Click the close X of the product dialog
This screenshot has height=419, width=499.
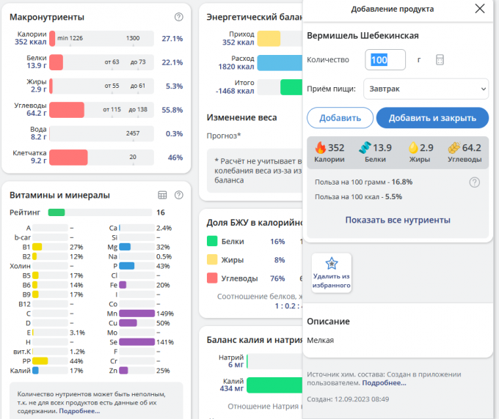pyautogui.click(x=480, y=9)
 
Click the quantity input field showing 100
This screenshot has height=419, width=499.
pyautogui.click(x=385, y=60)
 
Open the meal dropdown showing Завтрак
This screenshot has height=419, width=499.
pyautogui.click(x=426, y=89)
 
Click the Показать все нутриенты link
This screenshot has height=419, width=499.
pyautogui.click(x=398, y=220)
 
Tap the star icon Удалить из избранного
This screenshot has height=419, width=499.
pyautogui.click(x=332, y=264)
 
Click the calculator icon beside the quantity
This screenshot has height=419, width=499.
pyautogui.click(x=440, y=60)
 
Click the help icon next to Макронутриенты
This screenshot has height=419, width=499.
pyautogui.click(x=179, y=17)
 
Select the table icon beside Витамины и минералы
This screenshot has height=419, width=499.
pyautogui.click(x=163, y=195)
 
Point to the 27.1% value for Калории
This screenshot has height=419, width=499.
pyautogui.click(x=172, y=38)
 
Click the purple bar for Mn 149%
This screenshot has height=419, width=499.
pyautogui.click(x=136, y=314)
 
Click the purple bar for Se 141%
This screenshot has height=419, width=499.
pyautogui.click(x=136, y=342)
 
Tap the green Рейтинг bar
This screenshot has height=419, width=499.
pyautogui.click(x=57, y=212)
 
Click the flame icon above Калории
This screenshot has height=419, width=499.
pyautogui.click(x=320, y=147)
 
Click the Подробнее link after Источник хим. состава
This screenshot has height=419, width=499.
pyautogui.click(x=384, y=382)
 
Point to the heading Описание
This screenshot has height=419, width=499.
pyautogui.click(x=328, y=321)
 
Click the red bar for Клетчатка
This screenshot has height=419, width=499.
pyautogui.click(x=68, y=157)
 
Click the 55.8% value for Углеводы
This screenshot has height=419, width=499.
pyautogui.click(x=172, y=110)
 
